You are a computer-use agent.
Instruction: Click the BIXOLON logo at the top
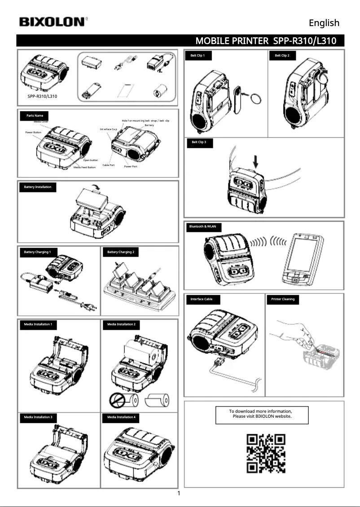[53, 22]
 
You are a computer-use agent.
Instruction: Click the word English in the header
[324, 23]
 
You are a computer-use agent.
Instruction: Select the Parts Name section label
[35, 116]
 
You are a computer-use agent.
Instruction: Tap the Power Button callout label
[33, 133]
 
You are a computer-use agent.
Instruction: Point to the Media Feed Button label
[84, 167]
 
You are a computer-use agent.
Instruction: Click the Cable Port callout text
[109, 165]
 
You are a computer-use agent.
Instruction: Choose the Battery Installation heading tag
[38, 187]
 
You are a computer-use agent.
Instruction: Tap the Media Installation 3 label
[38, 417]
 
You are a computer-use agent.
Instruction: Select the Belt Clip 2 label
[282, 56]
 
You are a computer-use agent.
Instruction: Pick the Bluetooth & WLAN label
[202, 227]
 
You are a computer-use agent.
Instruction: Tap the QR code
[266, 453]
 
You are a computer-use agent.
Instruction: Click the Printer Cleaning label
[283, 299]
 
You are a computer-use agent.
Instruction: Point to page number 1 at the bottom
[179, 494]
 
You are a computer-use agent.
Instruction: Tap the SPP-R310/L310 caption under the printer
[42, 96]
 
